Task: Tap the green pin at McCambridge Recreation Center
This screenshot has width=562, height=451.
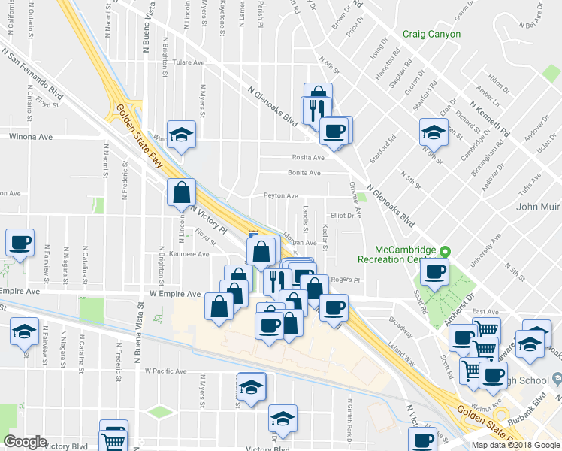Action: click(x=445, y=251)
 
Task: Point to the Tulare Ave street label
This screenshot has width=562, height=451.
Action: click(x=189, y=62)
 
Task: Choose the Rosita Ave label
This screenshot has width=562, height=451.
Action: click(x=308, y=158)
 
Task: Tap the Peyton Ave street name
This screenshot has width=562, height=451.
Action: click(x=280, y=195)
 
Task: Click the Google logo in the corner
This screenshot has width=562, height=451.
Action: click(x=25, y=442)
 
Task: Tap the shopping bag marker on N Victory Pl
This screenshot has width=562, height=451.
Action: click(x=182, y=192)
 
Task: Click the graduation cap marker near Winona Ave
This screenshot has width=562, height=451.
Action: click(x=181, y=135)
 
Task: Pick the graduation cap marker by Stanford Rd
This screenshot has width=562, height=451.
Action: click(x=434, y=132)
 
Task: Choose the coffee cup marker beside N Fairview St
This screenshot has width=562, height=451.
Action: click(x=20, y=243)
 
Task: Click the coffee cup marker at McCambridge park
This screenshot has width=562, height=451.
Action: click(x=435, y=271)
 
